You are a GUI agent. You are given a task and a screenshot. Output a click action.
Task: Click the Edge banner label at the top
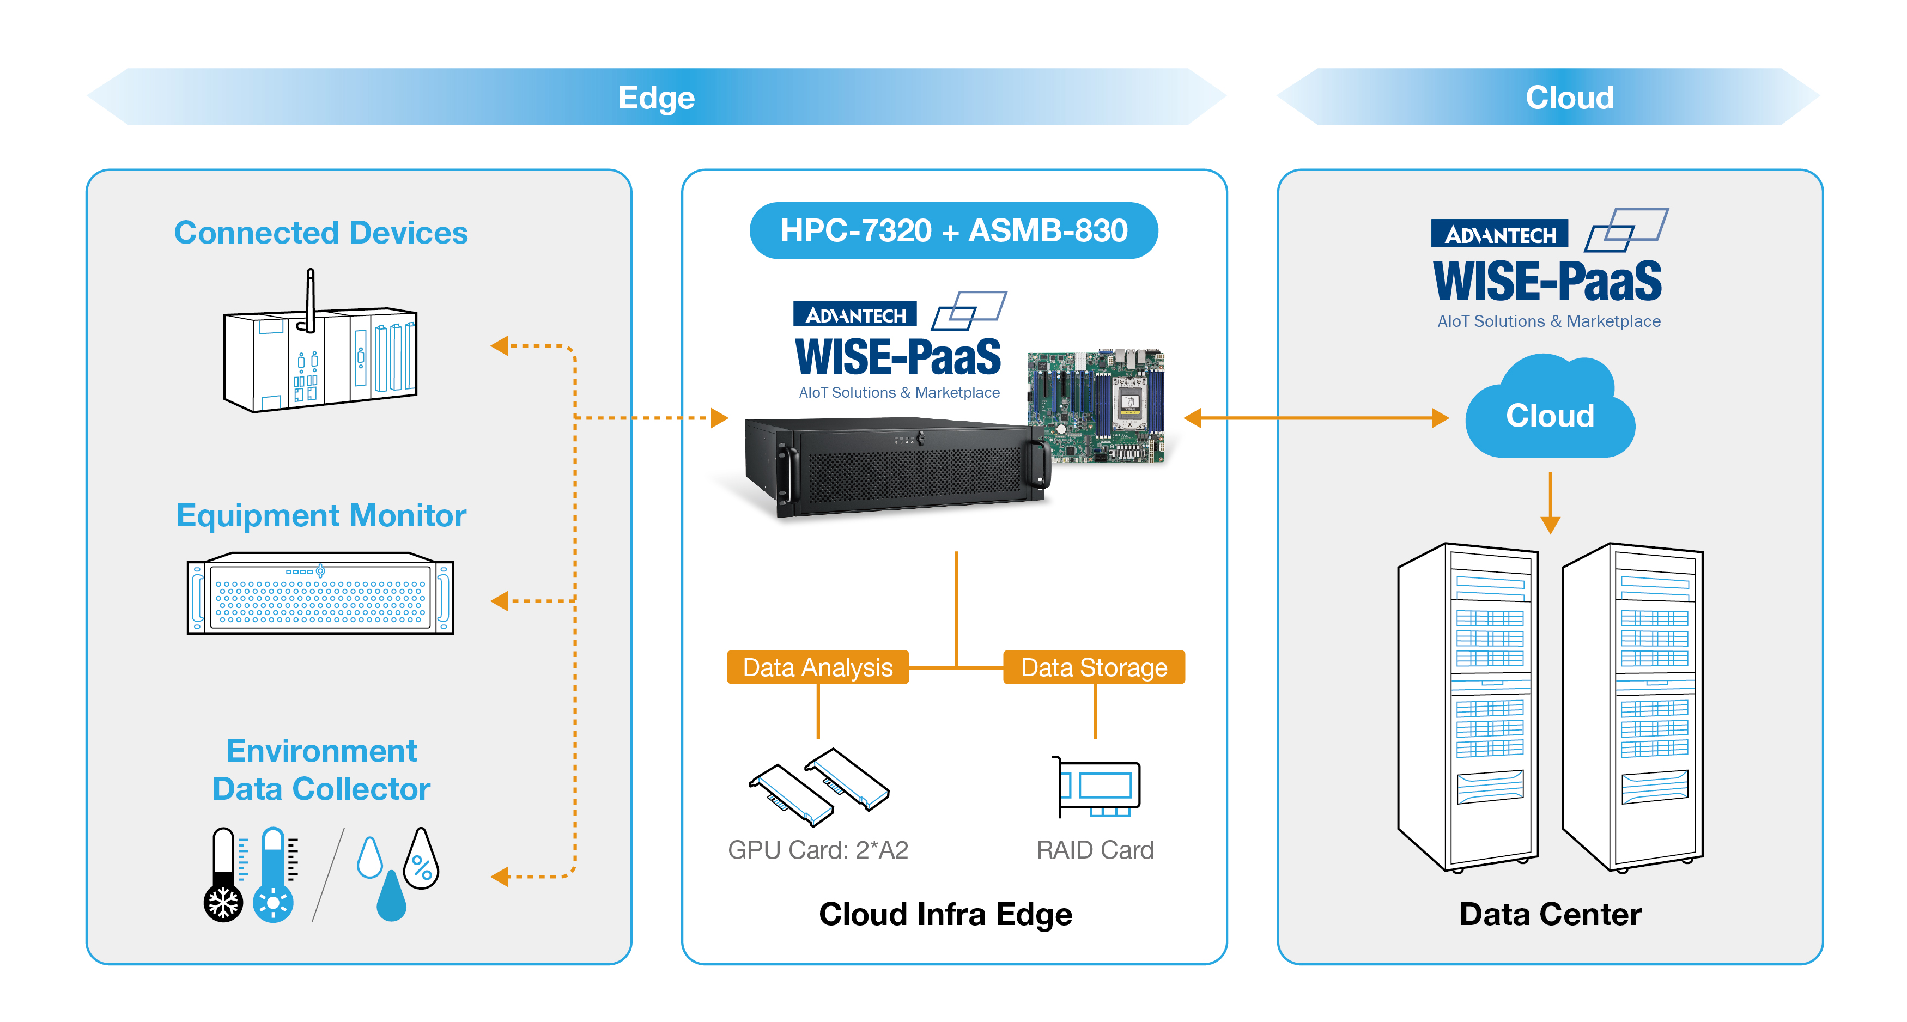point(656,98)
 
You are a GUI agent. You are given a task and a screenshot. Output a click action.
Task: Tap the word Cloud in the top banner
point(1569,98)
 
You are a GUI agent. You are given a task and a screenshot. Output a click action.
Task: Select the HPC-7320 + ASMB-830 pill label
point(953,230)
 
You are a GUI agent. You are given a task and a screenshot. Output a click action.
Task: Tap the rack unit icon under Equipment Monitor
point(320,594)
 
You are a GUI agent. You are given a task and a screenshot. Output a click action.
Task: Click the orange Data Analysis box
point(817,667)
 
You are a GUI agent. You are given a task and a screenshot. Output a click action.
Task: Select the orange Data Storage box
point(1094,667)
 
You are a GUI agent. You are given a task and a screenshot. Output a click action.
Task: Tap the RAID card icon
point(1098,787)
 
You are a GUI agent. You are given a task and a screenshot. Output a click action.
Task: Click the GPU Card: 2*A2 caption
point(817,849)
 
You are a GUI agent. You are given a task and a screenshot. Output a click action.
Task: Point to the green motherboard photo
point(1096,405)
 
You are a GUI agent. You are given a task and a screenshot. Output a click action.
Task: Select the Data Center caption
point(1550,914)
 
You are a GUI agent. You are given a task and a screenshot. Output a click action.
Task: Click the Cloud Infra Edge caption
point(945,914)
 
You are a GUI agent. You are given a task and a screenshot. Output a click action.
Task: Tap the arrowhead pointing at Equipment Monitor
point(500,601)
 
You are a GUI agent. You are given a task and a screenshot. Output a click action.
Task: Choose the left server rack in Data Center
point(1469,707)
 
